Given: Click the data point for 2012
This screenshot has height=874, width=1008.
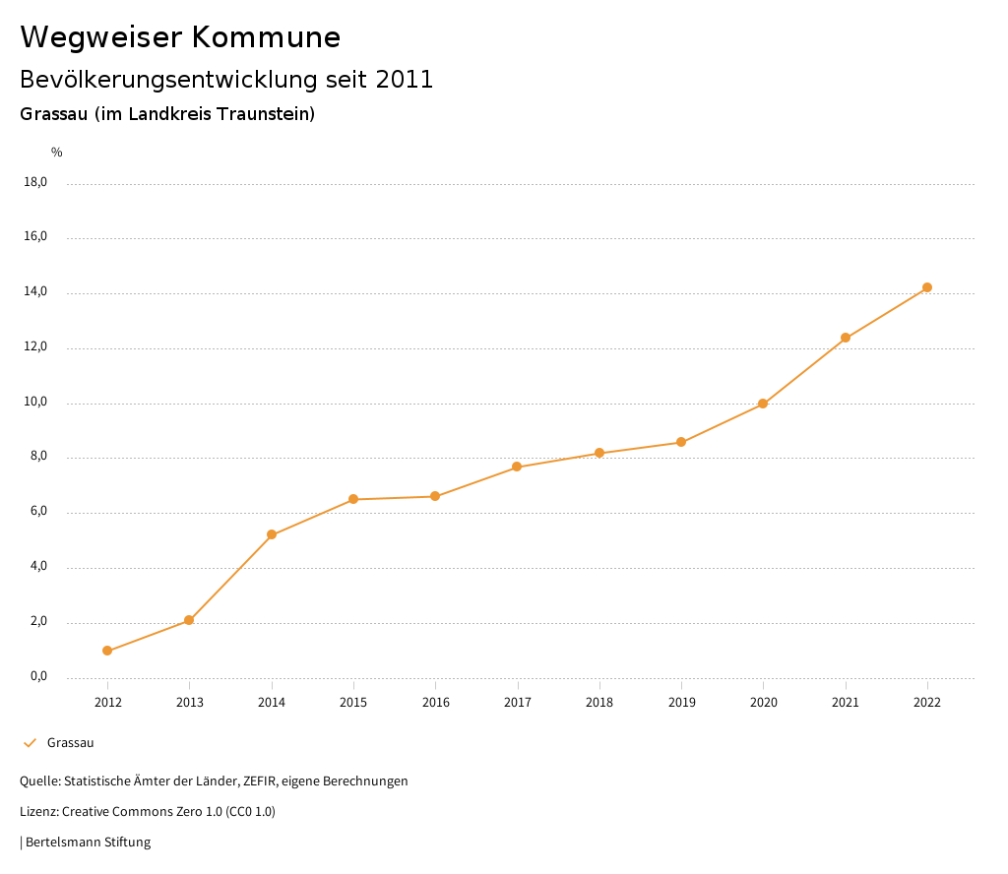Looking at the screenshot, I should point(107,651).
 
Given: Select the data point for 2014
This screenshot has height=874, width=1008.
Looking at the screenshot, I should point(272,534).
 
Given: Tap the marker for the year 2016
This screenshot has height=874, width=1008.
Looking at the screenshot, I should point(435,496).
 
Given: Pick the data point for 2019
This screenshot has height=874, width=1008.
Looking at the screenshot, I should point(681,442).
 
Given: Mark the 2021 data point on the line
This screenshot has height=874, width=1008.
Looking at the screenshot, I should point(846,338).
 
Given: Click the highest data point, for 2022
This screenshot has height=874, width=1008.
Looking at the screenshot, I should point(927,287).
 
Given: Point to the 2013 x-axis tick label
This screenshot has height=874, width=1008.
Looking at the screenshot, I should point(190,702).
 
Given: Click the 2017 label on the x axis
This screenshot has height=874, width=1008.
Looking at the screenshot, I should point(518,702).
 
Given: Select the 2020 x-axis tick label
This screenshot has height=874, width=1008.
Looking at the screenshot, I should point(764,702).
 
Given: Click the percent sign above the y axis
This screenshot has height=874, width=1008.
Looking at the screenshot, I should point(57,153).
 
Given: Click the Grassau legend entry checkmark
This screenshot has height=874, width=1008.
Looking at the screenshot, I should point(30,743).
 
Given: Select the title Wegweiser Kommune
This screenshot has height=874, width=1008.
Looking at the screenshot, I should point(180,37).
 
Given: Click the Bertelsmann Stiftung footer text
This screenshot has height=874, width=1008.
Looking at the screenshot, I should point(88,843).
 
